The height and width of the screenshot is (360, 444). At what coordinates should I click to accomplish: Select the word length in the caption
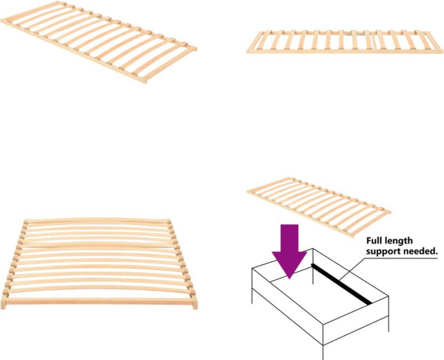coord(400,241)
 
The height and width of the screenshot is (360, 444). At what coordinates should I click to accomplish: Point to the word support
coord(381,251)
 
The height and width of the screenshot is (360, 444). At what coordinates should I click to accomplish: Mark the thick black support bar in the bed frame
coord(341,284)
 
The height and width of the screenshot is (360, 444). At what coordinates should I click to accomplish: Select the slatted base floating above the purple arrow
coord(318,205)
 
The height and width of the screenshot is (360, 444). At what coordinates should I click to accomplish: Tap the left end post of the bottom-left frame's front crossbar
coord(3,302)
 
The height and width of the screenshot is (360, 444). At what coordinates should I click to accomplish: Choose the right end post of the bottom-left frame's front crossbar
coord(194,302)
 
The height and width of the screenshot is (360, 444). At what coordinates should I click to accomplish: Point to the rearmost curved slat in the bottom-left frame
coord(99,220)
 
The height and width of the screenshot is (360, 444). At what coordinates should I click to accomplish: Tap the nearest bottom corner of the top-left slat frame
coord(145,80)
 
